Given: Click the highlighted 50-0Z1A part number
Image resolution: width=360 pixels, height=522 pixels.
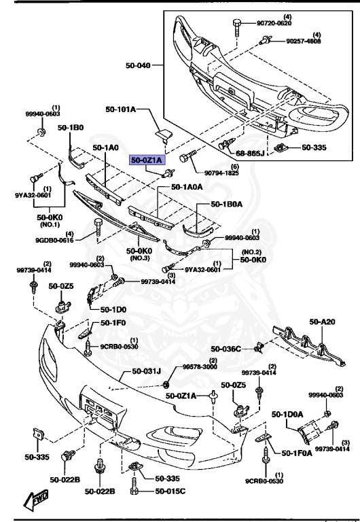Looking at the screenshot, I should (147, 160).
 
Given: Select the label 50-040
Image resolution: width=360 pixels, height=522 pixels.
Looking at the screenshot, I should (139, 66).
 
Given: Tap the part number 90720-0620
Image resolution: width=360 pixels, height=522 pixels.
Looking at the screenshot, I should (274, 23).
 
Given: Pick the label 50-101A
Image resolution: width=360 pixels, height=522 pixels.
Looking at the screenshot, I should (121, 109).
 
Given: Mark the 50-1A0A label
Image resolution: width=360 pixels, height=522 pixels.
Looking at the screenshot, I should (187, 186).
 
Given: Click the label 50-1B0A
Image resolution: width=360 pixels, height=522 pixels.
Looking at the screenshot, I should (228, 203).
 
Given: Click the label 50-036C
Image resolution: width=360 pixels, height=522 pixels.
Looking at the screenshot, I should (226, 349).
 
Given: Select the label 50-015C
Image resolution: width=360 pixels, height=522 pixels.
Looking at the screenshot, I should (170, 491).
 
